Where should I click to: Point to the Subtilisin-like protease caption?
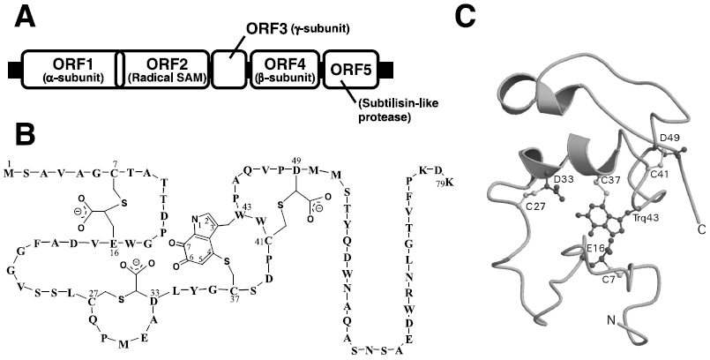coord(392,115)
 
